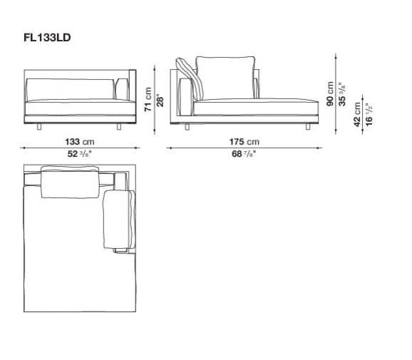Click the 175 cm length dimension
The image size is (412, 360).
click(x=242, y=142)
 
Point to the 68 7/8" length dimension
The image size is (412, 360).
click(x=242, y=153)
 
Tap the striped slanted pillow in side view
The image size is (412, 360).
click(x=195, y=78)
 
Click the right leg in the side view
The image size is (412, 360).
click(x=307, y=126)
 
